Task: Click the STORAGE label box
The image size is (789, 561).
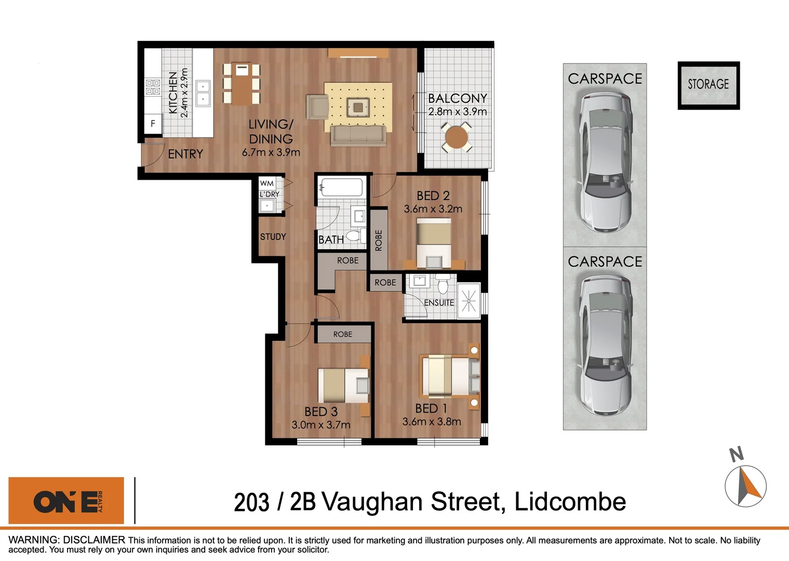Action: coord(708,85)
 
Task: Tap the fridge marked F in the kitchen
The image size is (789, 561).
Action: coord(153,124)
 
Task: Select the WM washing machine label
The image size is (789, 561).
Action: coord(267,183)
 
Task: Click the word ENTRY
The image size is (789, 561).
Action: coord(185,154)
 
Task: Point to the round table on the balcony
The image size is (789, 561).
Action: coord(457,137)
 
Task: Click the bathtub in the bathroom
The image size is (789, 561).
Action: coord(341,188)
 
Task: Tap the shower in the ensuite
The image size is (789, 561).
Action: coord(469,301)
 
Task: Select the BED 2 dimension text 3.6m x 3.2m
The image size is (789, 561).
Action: coord(433,209)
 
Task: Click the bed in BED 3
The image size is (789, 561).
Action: coord(343,385)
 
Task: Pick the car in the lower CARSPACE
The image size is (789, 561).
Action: coord(605,345)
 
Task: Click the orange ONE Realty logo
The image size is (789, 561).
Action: coord(66,501)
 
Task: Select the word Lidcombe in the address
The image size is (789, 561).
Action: coord(570,502)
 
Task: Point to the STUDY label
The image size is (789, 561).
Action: coord(273,237)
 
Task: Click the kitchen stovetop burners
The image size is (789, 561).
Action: coord(153,87)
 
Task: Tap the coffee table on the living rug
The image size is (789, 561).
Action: coord(358,108)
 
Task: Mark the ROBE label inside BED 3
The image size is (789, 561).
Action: coord(343,335)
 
